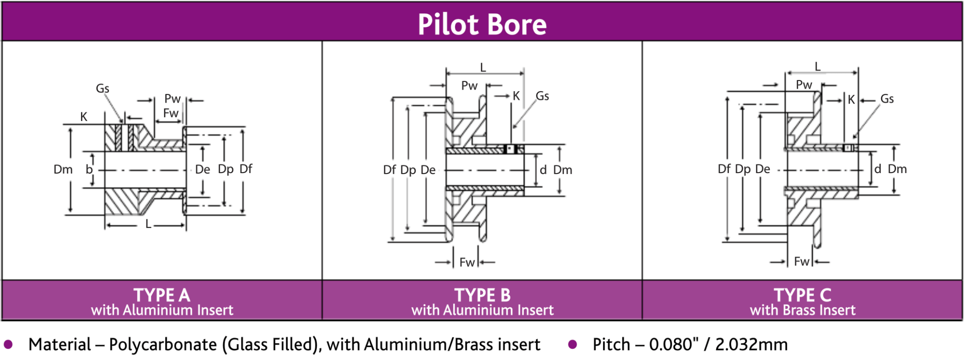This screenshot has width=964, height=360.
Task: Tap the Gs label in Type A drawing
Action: point(102,89)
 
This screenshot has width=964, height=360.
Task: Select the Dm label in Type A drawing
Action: point(63,170)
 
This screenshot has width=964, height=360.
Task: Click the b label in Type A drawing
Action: point(89,170)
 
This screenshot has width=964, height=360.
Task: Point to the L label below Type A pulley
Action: point(148,224)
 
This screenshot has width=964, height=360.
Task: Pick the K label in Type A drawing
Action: point(84,117)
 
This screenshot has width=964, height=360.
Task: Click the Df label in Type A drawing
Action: point(246,169)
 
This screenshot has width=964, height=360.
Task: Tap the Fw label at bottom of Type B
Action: point(467,263)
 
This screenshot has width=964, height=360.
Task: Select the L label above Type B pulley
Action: point(483,68)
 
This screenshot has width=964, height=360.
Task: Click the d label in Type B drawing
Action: point(543,170)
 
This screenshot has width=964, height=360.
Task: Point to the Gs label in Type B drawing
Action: point(542,96)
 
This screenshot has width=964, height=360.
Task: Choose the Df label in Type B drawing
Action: point(389,170)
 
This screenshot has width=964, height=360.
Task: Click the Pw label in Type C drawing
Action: point(804,85)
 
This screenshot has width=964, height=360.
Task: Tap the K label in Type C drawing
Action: point(851,100)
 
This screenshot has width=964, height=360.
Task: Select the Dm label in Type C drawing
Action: point(897,169)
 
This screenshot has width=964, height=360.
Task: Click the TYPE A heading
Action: point(162,295)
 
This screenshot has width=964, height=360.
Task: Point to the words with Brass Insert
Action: point(803,310)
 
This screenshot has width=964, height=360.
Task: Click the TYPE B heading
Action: point(482,295)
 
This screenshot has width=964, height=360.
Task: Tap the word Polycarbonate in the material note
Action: point(163,345)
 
